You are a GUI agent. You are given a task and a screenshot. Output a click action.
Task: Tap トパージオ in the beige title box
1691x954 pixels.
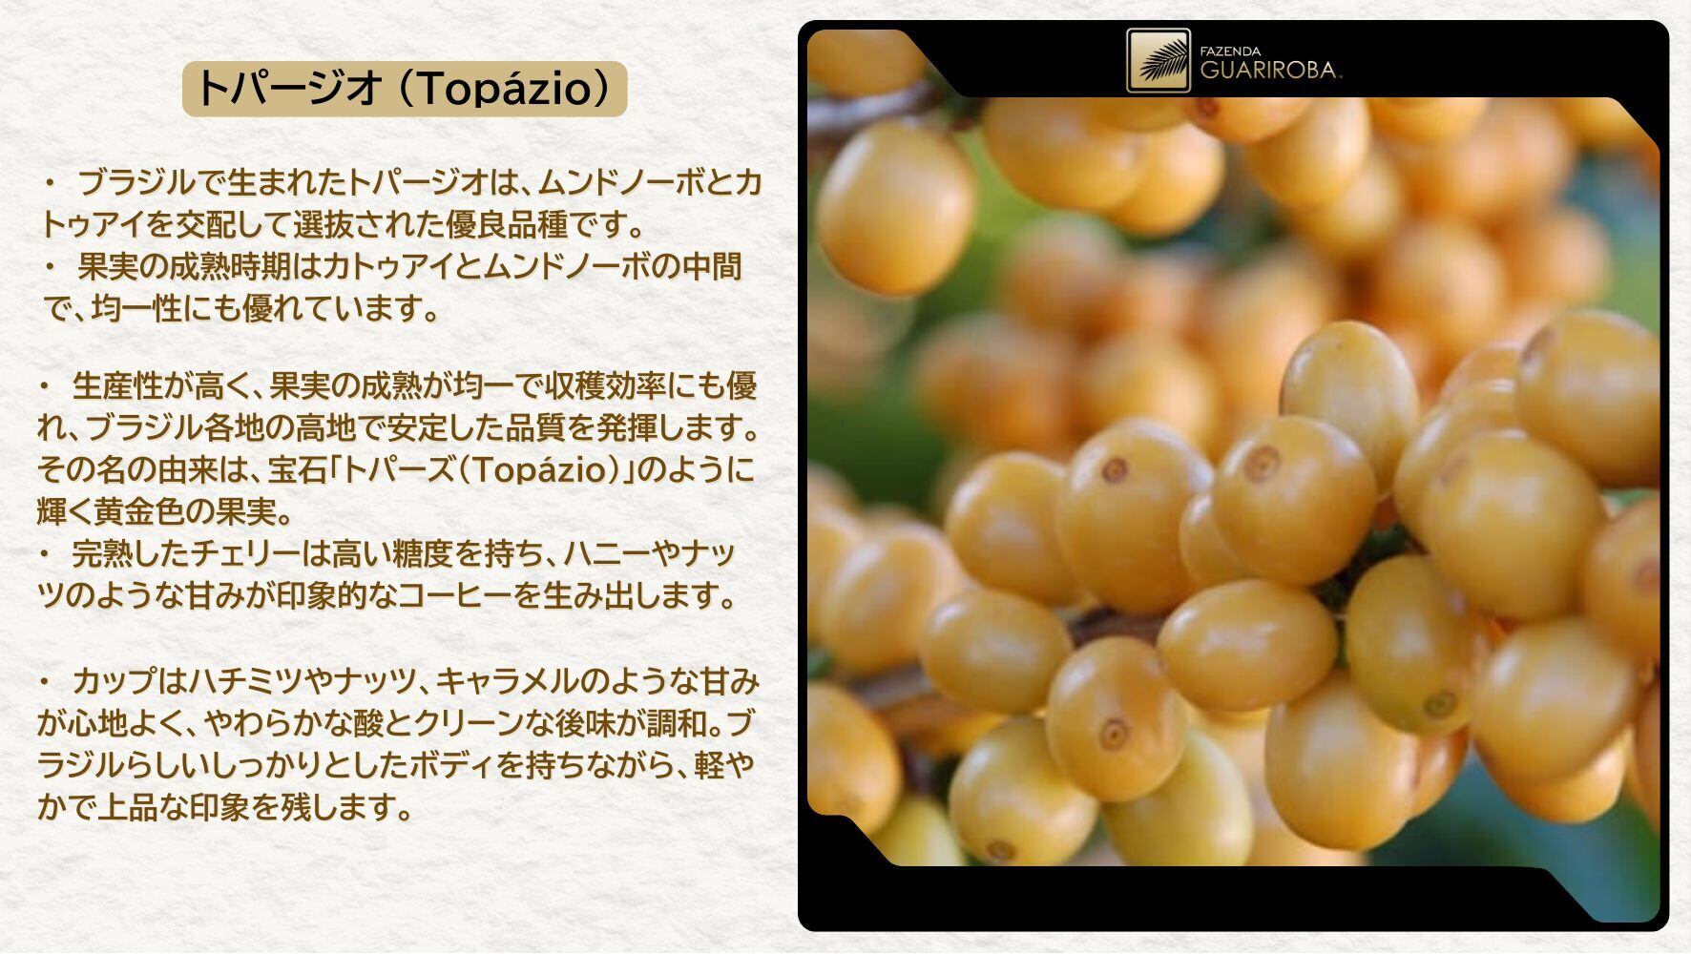pos(288,89)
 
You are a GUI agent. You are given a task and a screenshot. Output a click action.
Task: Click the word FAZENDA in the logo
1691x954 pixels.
pos(1230,52)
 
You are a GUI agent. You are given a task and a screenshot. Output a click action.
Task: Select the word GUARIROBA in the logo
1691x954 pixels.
pos(1268,71)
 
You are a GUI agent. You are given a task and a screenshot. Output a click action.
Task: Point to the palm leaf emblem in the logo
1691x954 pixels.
pos(1158,61)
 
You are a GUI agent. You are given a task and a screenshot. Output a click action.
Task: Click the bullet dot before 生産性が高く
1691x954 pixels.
pos(45,386)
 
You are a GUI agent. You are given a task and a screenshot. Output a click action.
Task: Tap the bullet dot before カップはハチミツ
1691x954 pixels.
pos(45,682)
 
